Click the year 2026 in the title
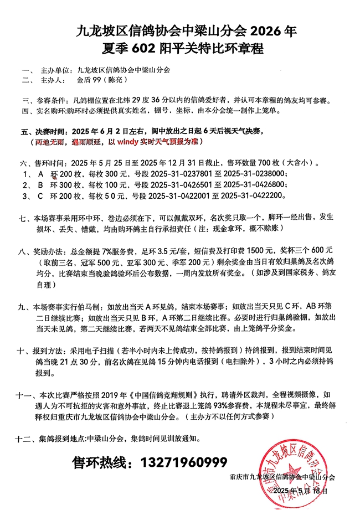point(255,30)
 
